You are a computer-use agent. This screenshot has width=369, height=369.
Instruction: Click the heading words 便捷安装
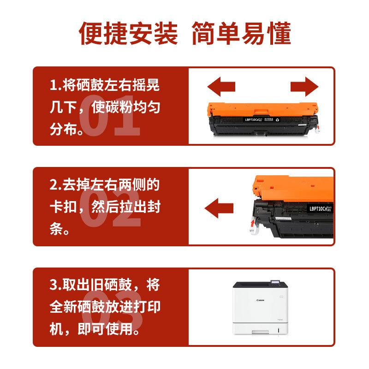click(128, 33)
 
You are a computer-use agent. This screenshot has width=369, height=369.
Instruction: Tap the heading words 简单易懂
click(241, 33)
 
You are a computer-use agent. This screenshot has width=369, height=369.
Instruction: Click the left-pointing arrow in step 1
click(221, 86)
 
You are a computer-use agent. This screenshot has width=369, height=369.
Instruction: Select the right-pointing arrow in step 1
click(304, 86)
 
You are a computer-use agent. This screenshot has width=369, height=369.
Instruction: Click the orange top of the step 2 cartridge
click(286, 187)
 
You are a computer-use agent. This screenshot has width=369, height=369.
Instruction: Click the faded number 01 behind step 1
click(110, 115)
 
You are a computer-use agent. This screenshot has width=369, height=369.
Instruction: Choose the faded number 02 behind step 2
click(110, 212)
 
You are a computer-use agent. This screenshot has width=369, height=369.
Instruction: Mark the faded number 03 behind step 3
click(110, 309)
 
